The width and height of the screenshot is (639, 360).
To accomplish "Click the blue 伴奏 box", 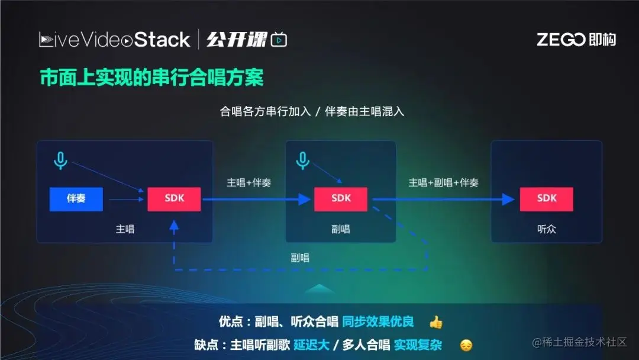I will point(76,199).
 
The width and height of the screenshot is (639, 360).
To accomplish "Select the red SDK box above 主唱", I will point(174,199).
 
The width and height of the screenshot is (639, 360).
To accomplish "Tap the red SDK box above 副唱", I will point(340,199).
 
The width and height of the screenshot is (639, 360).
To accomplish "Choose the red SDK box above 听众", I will point(546,199).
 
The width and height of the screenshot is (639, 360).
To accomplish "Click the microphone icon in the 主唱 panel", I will point(60,160).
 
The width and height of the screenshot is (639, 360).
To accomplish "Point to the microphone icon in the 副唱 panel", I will point(302,160).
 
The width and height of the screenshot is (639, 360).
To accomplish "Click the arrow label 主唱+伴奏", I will point(248,182).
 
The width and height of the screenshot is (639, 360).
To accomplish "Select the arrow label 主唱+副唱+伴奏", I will point(443,182).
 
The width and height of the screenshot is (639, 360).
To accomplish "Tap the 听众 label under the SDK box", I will point(546,229).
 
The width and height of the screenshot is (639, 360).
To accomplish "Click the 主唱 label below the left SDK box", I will point(125,229).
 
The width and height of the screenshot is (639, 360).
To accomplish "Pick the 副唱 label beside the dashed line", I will point(300,258).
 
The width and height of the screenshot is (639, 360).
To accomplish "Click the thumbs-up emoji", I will point(436,323).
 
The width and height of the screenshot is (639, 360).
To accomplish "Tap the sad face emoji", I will point(466,345).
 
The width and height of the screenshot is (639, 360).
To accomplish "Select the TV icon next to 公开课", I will point(279,40).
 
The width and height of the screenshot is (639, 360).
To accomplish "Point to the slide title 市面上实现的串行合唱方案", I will point(151,77).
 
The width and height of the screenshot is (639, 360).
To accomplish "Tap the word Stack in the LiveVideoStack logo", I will point(162,40).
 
